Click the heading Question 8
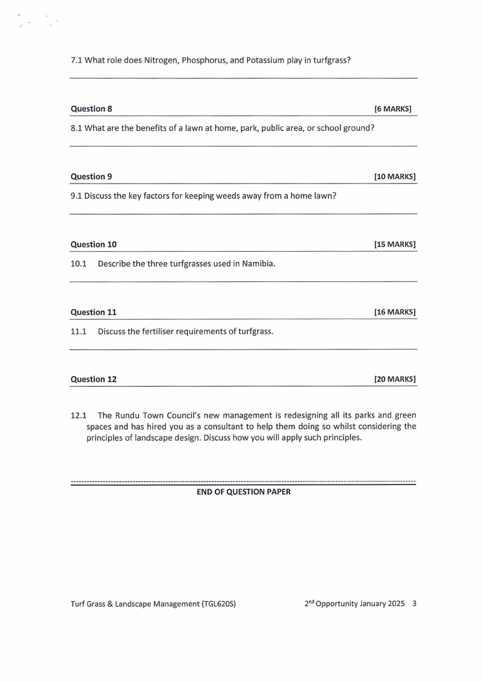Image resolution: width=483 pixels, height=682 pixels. (x=91, y=109)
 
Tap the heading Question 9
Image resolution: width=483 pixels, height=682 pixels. (x=91, y=177)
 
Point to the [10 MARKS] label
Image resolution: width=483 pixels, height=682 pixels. (x=395, y=177)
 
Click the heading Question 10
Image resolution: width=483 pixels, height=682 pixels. (x=94, y=245)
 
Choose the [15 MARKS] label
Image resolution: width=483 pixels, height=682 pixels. (x=395, y=245)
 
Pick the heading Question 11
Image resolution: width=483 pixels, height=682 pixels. (x=94, y=312)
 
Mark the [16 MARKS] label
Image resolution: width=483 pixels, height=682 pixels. (x=395, y=312)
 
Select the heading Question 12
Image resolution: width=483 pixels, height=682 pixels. (x=94, y=379)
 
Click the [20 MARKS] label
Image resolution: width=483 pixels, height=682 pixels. (x=395, y=379)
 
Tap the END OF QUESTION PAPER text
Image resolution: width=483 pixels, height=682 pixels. (x=243, y=492)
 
